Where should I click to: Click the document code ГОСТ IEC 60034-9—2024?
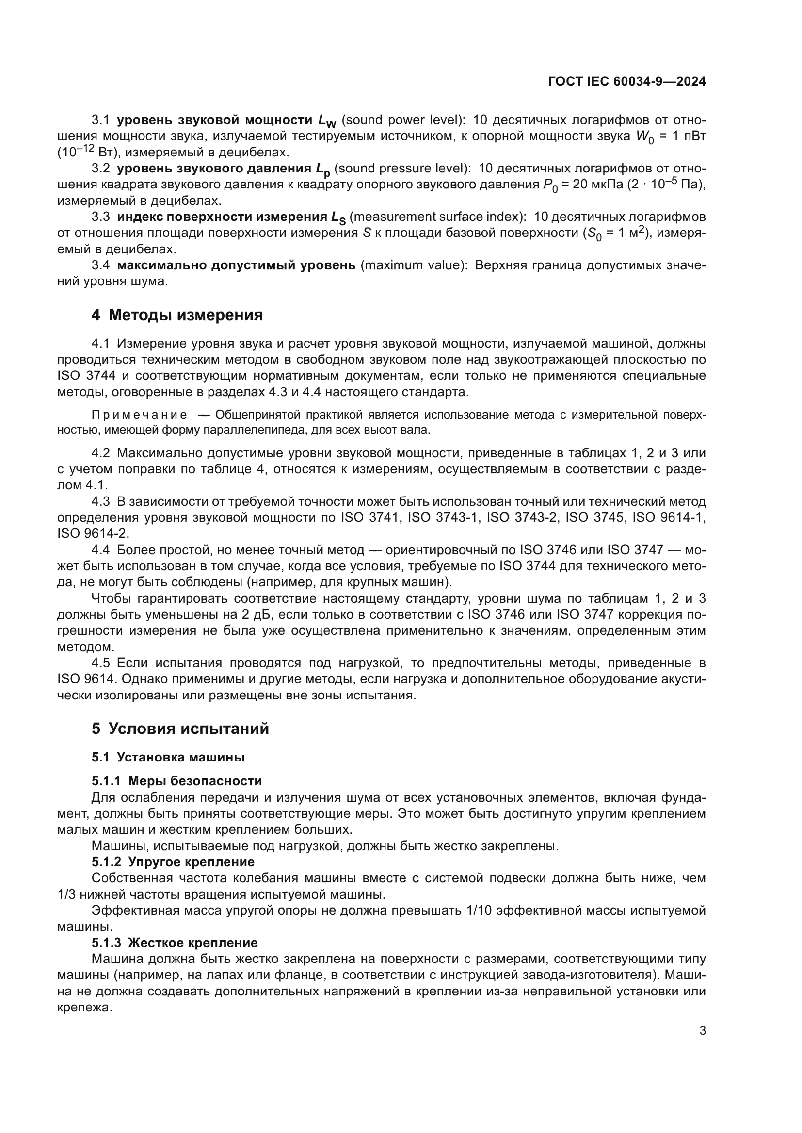[626, 82]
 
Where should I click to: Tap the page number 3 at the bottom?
[702, 1031]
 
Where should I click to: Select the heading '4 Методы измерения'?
[177, 315]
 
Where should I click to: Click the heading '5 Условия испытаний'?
[180, 729]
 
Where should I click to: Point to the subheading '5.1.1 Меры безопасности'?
[176, 781]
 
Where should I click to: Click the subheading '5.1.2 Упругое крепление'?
[173, 862]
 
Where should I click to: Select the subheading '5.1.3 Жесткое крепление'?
[175, 943]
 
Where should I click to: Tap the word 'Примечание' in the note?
[139, 415]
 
